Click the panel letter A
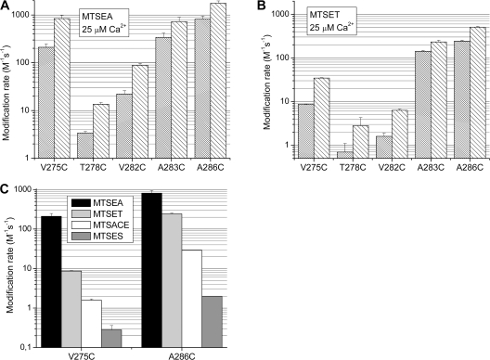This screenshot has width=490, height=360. point(5,6)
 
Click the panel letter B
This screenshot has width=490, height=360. point(257,6)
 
